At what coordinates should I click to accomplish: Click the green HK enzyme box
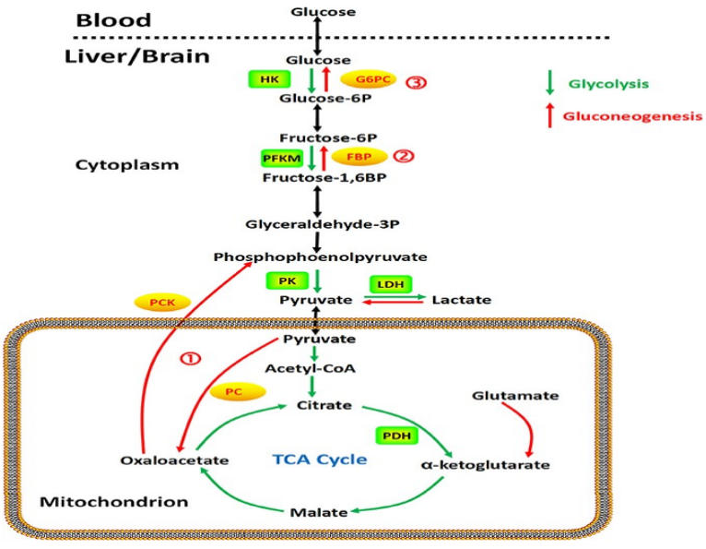tap(268, 80)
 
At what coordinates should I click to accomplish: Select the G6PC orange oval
tap(366, 80)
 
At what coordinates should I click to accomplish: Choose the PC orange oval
tap(233, 392)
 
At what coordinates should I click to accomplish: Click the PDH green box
tap(394, 434)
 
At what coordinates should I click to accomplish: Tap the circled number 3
tap(416, 81)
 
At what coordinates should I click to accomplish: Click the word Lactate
tap(461, 300)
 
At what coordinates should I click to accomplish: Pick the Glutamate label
tap(502, 395)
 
